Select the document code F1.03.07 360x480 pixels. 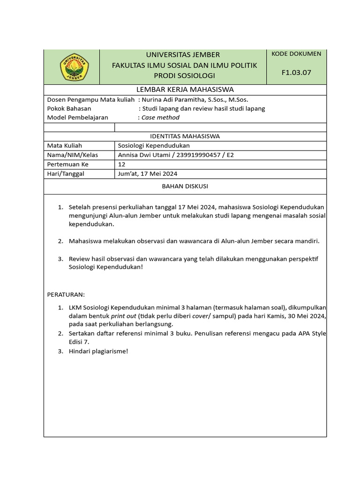click(x=296, y=72)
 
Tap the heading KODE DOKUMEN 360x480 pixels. click(x=296, y=54)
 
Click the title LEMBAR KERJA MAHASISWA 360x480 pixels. click(x=185, y=90)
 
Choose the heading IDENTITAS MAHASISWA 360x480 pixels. click(x=185, y=136)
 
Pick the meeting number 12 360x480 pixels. click(x=121, y=165)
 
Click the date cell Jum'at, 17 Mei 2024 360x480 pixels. click(x=148, y=174)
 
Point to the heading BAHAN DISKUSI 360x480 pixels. click(x=185, y=186)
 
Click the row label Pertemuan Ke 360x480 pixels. click(x=67, y=165)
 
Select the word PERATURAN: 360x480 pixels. click(x=66, y=294)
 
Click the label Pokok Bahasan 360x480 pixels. click(x=69, y=109)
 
